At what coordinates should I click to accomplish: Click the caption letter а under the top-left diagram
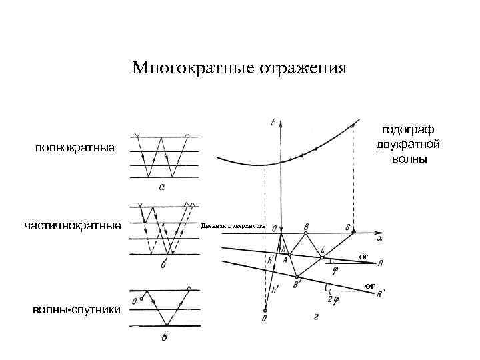(162, 187)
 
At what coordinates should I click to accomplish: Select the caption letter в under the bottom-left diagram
(164, 337)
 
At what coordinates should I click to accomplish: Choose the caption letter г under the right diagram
(315, 317)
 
